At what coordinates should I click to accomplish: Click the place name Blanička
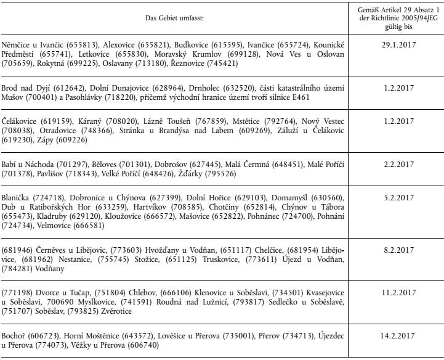[x=17, y=198]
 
